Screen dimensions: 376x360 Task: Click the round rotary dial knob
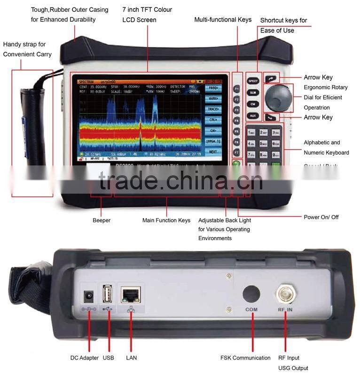276,97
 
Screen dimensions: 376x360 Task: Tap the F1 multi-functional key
237,88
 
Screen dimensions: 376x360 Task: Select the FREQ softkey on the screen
213,88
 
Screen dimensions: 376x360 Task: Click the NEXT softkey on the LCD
213,152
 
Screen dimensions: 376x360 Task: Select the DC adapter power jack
88,297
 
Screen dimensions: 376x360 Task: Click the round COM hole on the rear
251,294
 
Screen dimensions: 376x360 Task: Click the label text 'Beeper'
101,220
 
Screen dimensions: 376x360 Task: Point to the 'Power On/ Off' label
321,217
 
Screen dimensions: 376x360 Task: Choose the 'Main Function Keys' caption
166,220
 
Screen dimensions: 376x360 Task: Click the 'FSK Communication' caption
245,358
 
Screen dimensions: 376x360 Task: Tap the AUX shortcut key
253,115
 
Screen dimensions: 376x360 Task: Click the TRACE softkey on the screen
213,109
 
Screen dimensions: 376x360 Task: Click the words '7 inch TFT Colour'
147,9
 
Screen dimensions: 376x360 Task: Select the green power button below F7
237,164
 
